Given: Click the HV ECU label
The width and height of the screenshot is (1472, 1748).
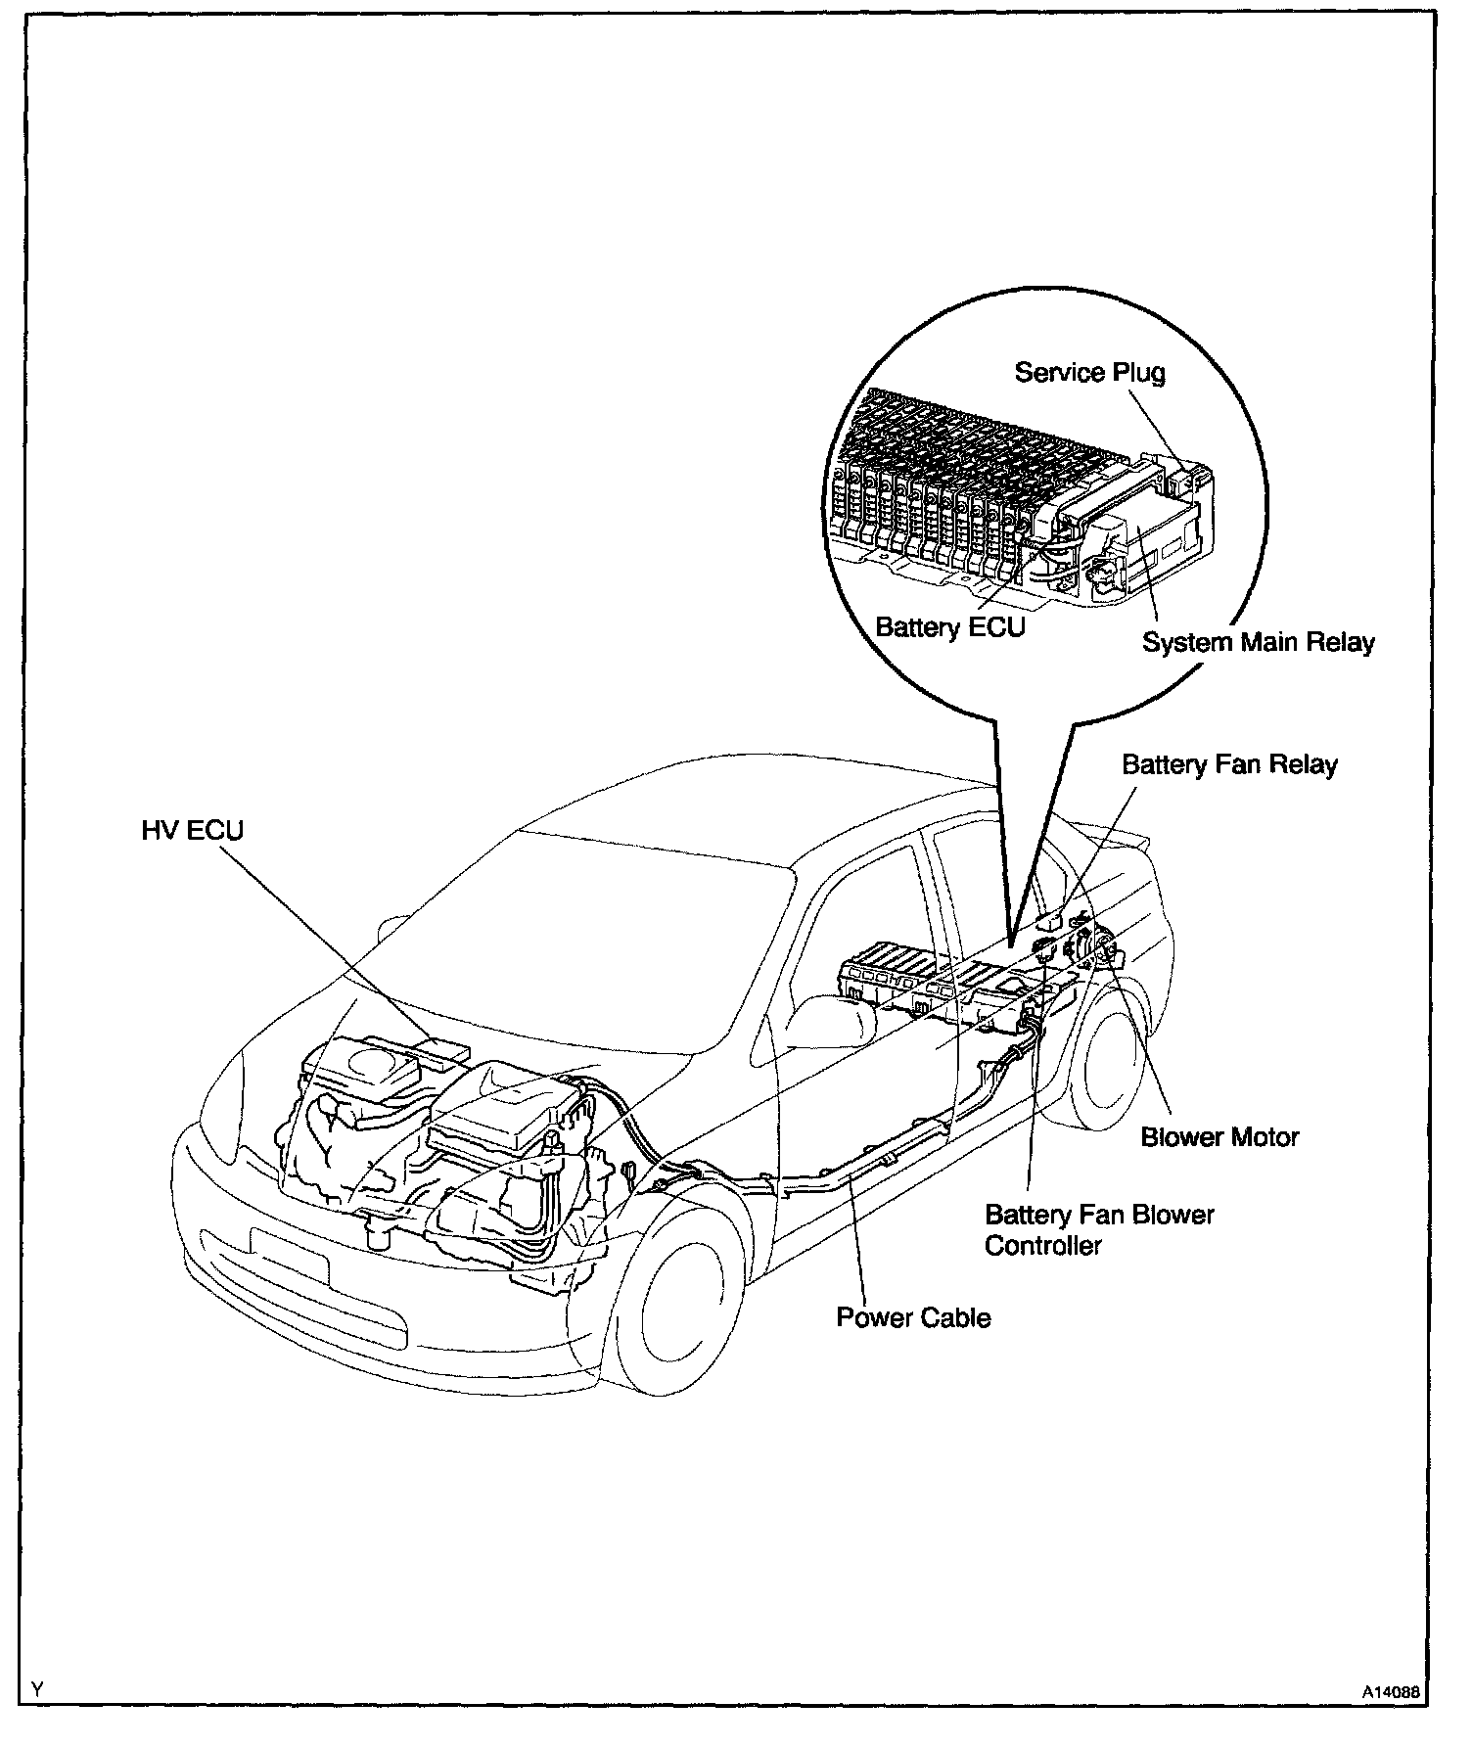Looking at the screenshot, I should tap(192, 831).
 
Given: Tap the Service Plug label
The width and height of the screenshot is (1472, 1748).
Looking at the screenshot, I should tap(1089, 373).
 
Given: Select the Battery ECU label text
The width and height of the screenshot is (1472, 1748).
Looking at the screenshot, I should tap(949, 626).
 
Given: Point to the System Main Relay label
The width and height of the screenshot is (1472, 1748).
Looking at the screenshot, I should tap(1258, 643).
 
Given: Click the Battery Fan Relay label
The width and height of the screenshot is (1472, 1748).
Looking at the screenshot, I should tap(1229, 764).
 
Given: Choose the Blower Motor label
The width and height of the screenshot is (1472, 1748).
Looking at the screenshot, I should tap(1219, 1137).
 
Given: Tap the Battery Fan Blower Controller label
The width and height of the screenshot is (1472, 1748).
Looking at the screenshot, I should tap(1098, 1230).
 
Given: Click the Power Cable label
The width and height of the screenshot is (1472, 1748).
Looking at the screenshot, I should tap(912, 1317).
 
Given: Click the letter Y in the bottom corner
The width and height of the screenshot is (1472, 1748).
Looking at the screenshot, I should tap(37, 1689).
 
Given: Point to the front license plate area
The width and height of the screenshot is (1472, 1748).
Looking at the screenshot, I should tap(290, 1256).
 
